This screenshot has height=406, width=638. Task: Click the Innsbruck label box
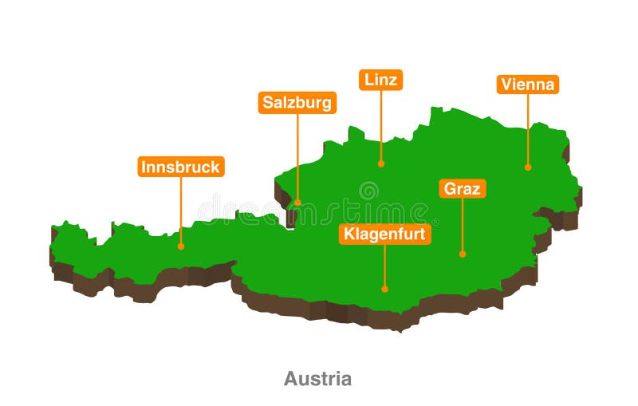tap(181, 167)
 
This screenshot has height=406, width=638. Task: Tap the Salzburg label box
tap(297, 103)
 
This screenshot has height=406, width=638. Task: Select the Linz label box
tap(380, 80)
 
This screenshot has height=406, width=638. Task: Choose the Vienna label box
tap(527, 85)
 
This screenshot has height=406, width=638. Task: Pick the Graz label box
tap(462, 189)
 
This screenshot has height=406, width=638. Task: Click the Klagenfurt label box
tap(384, 234)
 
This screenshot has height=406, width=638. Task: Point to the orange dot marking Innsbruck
tap(181, 246)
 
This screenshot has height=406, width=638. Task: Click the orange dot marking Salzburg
tap(297, 203)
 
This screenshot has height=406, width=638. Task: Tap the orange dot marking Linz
tap(381, 164)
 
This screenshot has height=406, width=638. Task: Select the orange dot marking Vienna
tap(527, 167)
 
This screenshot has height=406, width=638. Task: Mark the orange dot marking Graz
tap(462, 254)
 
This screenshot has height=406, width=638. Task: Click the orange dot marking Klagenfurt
tap(384, 289)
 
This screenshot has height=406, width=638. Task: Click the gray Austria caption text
tap(317, 378)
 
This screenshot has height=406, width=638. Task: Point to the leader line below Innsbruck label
tap(181, 211)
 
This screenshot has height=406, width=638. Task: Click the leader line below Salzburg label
tap(297, 156)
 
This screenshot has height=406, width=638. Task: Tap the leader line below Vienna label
tap(527, 128)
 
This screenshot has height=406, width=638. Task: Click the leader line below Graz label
tap(462, 225)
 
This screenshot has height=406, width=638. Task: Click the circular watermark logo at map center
tap(368, 190)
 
